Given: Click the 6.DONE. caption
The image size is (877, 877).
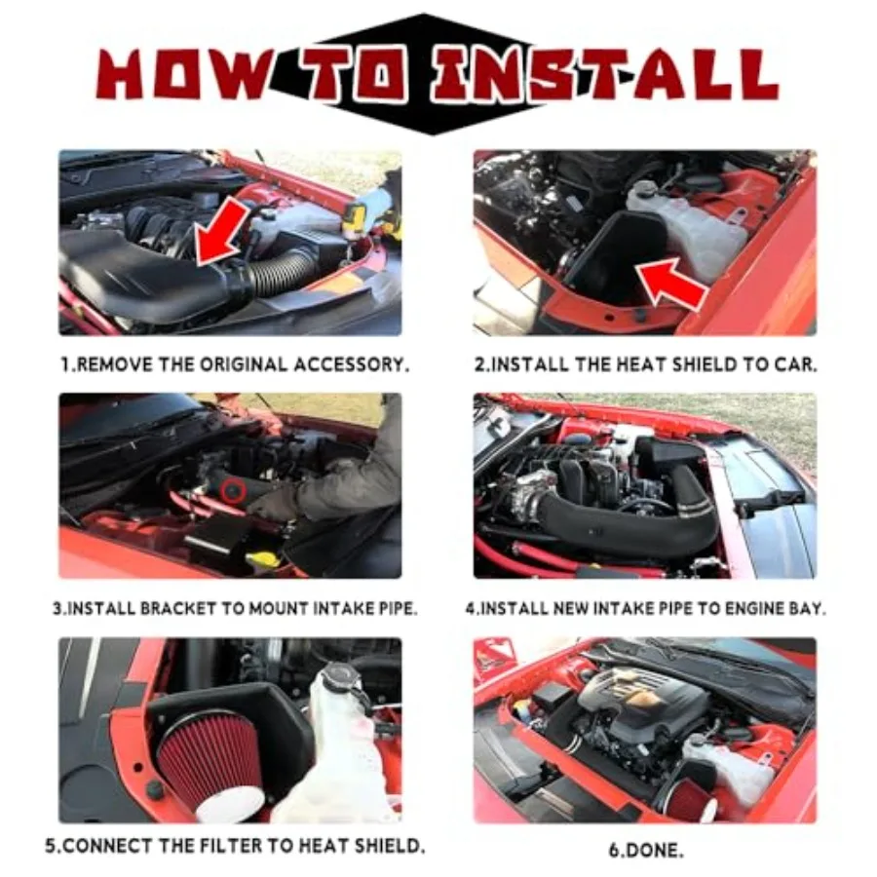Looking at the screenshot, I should click(x=645, y=850).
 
